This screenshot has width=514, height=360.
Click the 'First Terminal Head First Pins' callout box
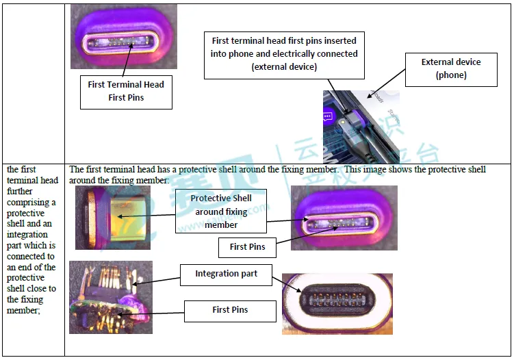[x=126, y=92]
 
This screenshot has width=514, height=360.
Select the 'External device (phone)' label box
[x=451, y=68]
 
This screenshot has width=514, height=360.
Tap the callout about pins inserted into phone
[x=284, y=53]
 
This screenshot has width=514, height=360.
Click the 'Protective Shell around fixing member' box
[x=221, y=211]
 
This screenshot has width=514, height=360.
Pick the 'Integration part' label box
[x=226, y=274]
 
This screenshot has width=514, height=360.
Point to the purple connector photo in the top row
[x=123, y=36]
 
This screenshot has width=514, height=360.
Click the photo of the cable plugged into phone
[x=361, y=127]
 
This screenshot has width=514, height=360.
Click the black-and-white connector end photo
[x=337, y=303]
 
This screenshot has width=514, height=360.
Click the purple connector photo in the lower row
[x=344, y=218]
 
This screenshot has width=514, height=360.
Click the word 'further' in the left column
[x=21, y=192]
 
